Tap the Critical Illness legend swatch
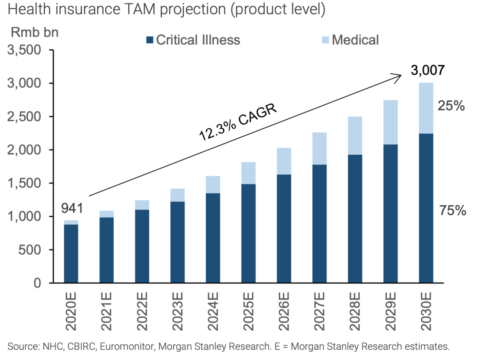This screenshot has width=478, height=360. click(x=149, y=40)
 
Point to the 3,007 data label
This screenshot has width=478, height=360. click(x=427, y=71)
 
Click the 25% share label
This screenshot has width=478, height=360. click(x=451, y=106)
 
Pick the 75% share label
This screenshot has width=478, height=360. click(x=452, y=211)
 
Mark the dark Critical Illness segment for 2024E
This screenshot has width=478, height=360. click(x=213, y=238)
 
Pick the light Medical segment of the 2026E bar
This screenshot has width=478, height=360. click(x=284, y=161)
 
